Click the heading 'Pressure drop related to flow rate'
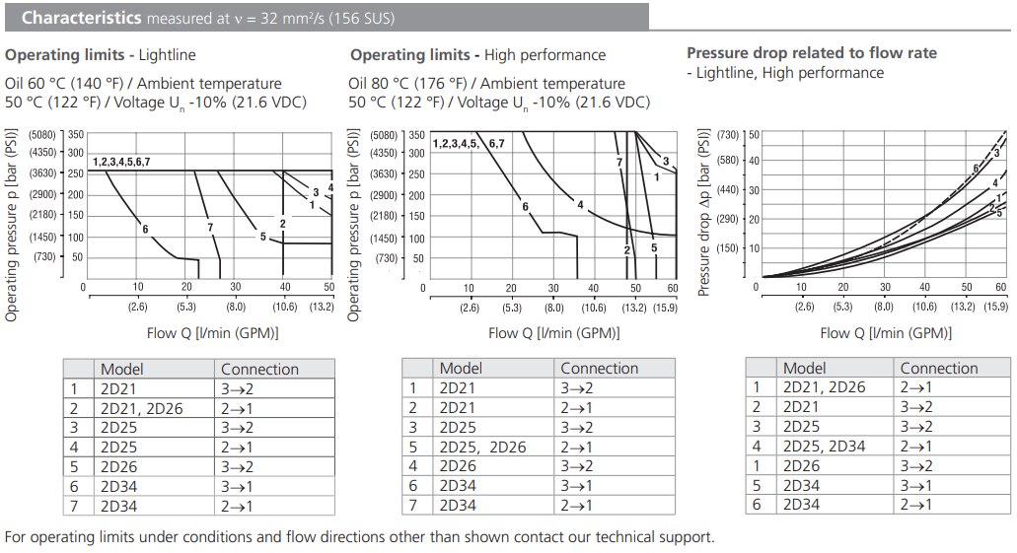click(812, 53)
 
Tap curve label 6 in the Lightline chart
click(144, 230)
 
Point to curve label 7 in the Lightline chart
click(210, 228)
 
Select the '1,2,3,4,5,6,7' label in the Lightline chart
click(121, 161)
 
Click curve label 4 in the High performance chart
click(580, 205)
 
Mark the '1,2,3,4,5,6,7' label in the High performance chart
click(469, 144)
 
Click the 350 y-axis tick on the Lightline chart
click(76, 134)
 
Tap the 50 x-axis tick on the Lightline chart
click(329, 287)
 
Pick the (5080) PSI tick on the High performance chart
click(385, 135)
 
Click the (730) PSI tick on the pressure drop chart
click(728, 134)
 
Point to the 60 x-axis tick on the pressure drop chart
click(1001, 287)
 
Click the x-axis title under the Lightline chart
click(212, 333)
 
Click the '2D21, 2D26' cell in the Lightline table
click(142, 408)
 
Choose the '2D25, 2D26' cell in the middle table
click(483, 447)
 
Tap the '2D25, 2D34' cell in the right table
click(824, 447)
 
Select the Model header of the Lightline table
click(122, 369)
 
